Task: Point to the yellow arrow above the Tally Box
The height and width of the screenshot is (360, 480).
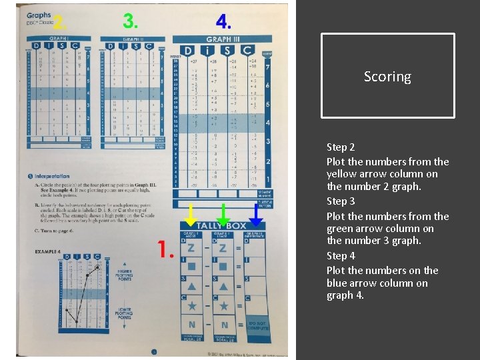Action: pyautogui.click(x=191, y=214)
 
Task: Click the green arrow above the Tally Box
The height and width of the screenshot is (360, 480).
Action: pyautogui.click(x=223, y=214)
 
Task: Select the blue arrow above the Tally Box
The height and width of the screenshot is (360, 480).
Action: pyautogui.click(x=255, y=214)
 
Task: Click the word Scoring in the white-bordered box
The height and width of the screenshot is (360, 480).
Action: pyautogui.click(x=387, y=77)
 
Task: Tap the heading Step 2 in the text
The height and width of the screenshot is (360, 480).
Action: pyautogui.click(x=341, y=147)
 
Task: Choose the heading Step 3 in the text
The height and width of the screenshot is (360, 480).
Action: pyautogui.click(x=341, y=201)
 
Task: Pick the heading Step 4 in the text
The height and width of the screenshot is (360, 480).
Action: pyautogui.click(x=341, y=256)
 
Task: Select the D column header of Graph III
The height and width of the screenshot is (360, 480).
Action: pyautogui.click(x=188, y=51)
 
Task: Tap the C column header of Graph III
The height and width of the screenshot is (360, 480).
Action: pyautogui.click(x=247, y=51)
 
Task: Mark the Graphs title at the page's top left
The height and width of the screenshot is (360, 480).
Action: pyautogui.click(x=39, y=15)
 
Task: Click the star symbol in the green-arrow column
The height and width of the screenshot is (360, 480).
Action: pyautogui.click(x=223, y=305)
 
